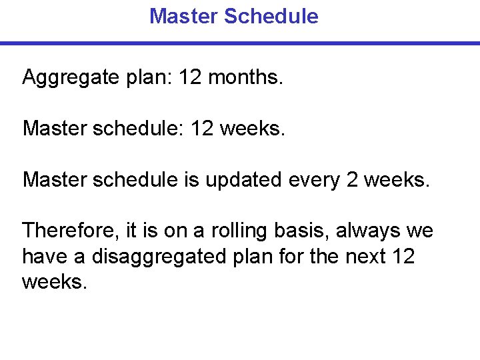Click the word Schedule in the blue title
point(271,16)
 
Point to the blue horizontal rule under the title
point(240,43)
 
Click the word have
point(44,257)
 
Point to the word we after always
point(419,231)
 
